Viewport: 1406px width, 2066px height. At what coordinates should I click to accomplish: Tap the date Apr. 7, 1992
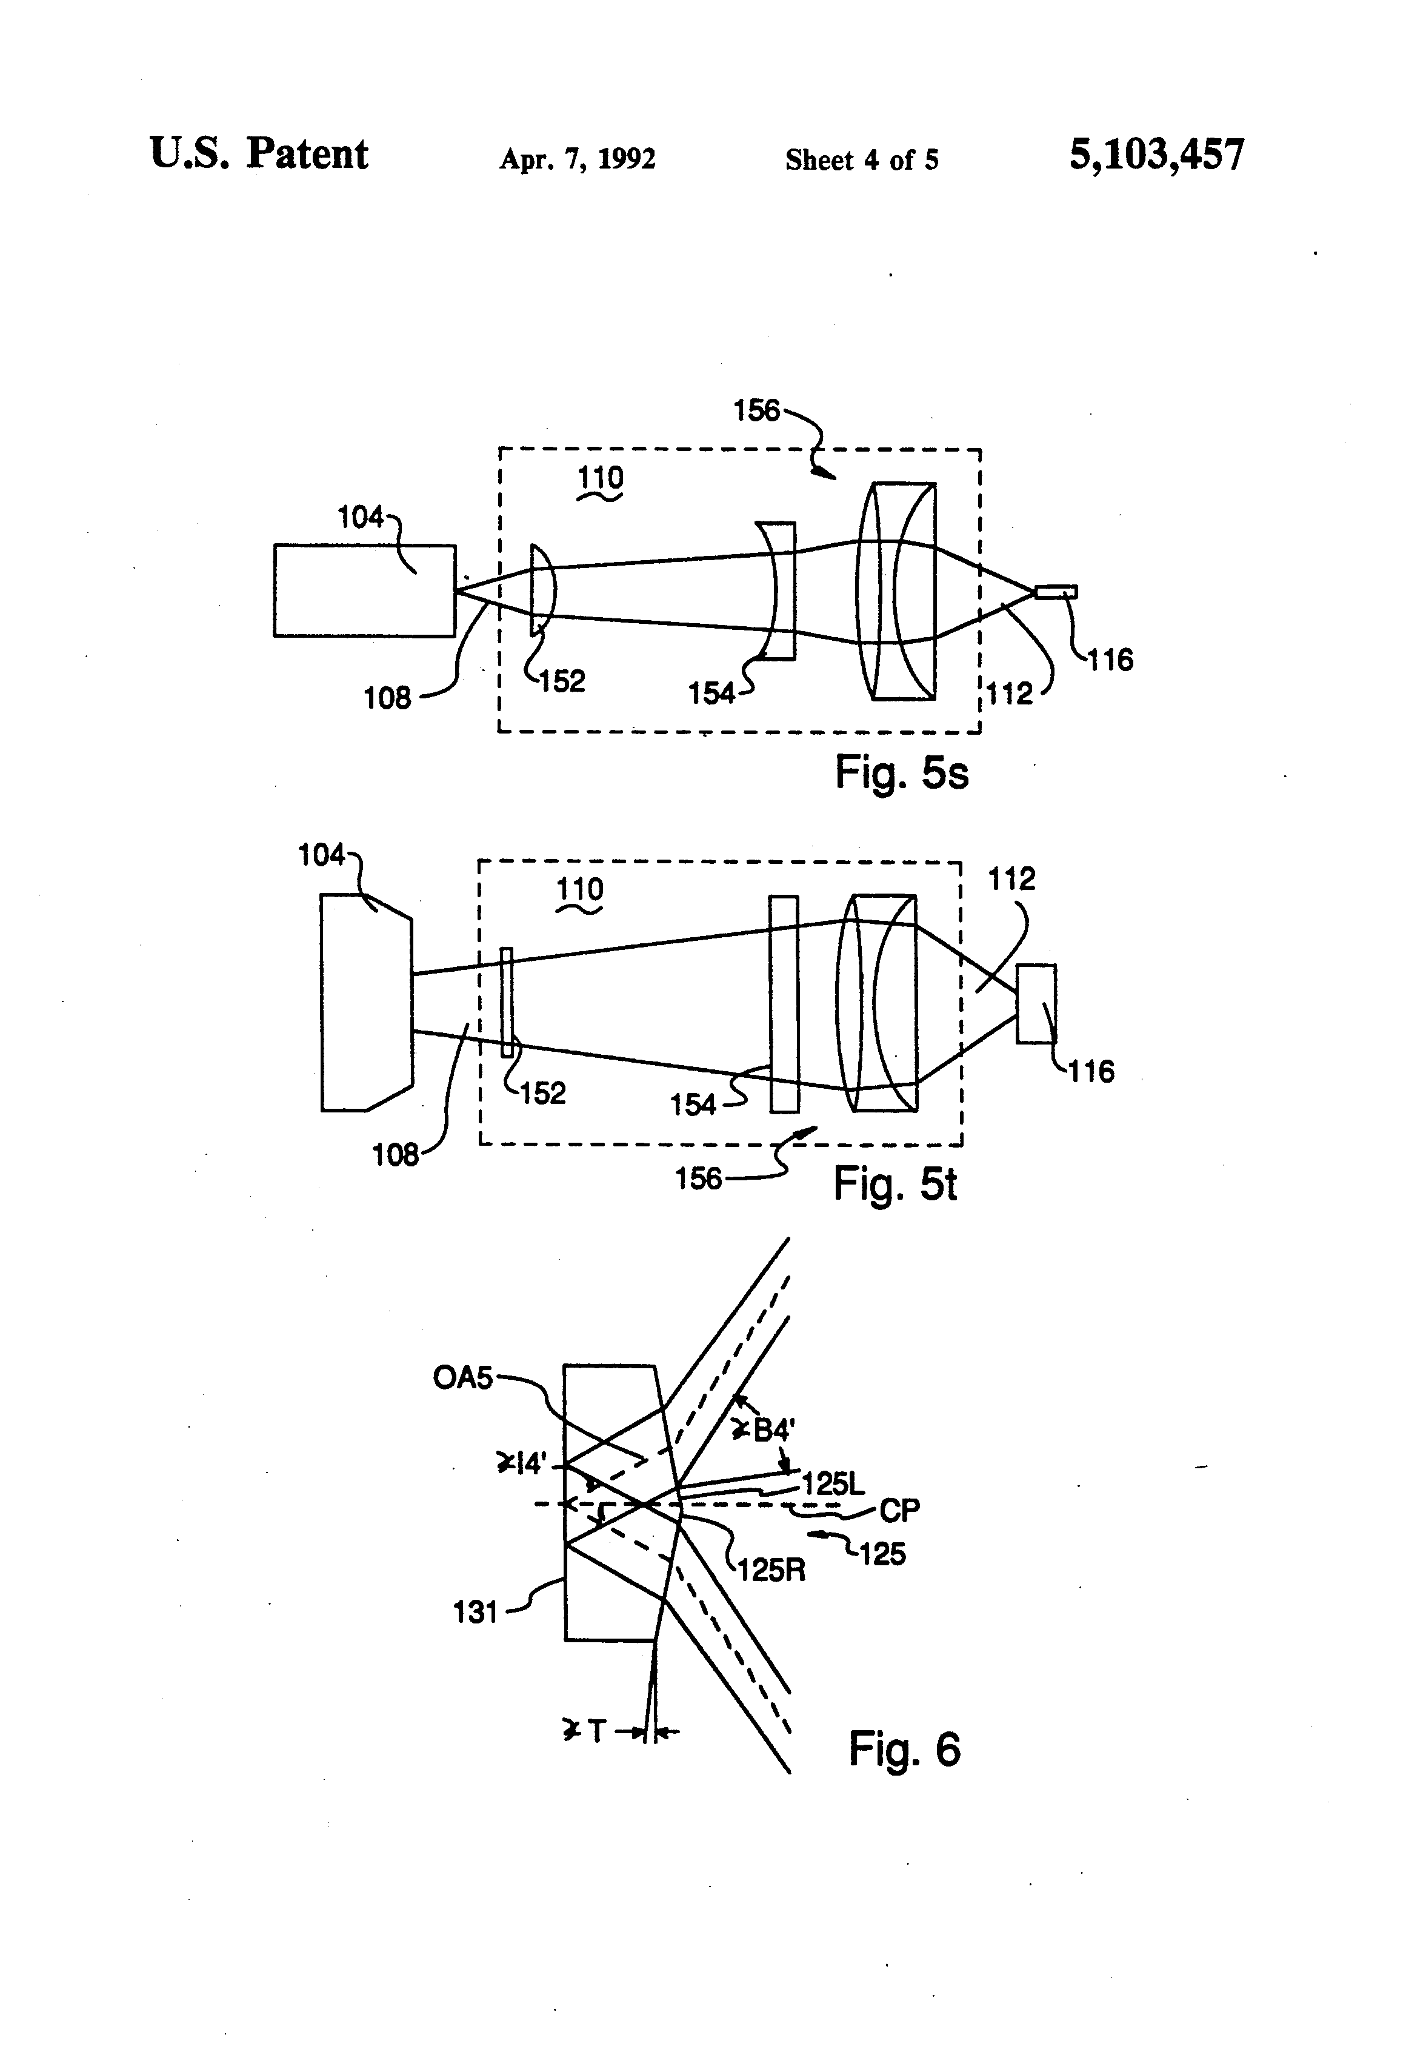click(x=578, y=159)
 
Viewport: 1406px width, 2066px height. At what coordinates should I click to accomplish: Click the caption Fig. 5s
click(x=901, y=772)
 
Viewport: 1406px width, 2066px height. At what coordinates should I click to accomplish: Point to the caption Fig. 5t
click(x=895, y=1183)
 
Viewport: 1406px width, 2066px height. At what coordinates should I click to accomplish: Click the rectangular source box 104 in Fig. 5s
click(x=364, y=590)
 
